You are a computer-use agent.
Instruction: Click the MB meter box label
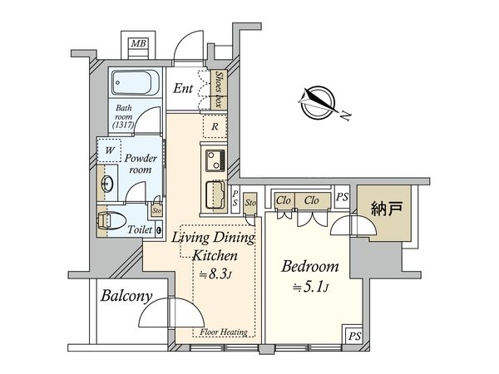coord(138,43)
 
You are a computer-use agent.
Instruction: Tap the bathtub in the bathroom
coord(136,82)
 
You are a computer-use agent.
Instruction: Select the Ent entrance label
coord(183,88)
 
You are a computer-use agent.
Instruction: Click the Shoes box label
coord(219,89)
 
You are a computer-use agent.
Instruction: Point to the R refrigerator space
coord(215,126)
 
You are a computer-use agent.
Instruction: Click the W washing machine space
coord(109,150)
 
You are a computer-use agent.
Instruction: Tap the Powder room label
coord(141,164)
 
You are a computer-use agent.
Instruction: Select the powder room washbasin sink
coord(107,184)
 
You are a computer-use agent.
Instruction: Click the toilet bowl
coord(111,221)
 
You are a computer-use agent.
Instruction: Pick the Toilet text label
coord(140,229)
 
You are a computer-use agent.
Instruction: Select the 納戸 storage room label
coord(387,209)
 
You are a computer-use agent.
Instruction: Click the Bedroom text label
coord(309,266)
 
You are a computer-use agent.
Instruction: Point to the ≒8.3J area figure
coord(215,273)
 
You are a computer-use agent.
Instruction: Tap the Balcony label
coord(126,297)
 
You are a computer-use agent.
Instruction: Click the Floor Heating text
coord(224,332)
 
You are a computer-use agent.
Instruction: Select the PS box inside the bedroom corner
coord(354,336)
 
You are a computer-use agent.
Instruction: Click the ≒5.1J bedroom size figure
coord(310,288)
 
